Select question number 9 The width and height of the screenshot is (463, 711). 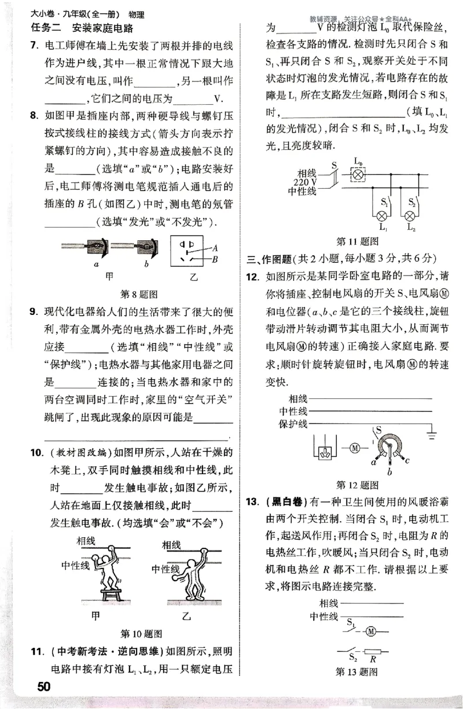(x=35, y=313)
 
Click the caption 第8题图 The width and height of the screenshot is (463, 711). (x=139, y=294)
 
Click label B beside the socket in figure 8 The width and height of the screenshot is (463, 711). (x=215, y=260)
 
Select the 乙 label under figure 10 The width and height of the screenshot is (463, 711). (x=185, y=615)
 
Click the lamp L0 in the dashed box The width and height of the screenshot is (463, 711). (x=358, y=173)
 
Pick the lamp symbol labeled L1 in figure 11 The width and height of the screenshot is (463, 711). (x=382, y=216)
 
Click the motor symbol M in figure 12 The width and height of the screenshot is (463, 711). (x=355, y=447)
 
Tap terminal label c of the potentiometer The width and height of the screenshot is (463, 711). (x=409, y=461)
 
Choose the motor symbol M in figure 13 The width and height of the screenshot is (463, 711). (x=371, y=630)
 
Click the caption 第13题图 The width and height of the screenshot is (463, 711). (x=357, y=672)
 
